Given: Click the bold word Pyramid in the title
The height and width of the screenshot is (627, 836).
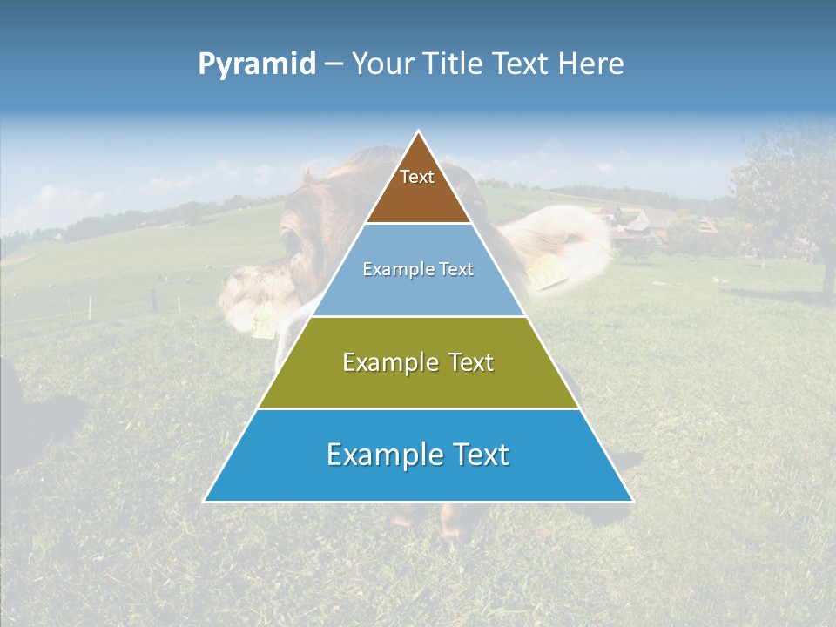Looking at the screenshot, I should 256,64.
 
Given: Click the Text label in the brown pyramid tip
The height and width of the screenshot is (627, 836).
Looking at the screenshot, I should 417,178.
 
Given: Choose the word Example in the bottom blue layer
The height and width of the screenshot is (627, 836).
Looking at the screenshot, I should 381,455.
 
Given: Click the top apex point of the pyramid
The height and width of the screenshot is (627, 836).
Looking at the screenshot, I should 419,131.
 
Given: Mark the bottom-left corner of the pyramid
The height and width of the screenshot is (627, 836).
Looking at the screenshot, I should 205,501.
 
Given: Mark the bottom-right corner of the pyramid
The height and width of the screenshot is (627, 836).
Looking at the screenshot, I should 632,501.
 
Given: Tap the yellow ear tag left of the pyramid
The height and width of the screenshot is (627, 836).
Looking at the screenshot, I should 264,323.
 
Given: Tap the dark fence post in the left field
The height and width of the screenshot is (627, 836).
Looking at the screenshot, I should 154,300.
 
